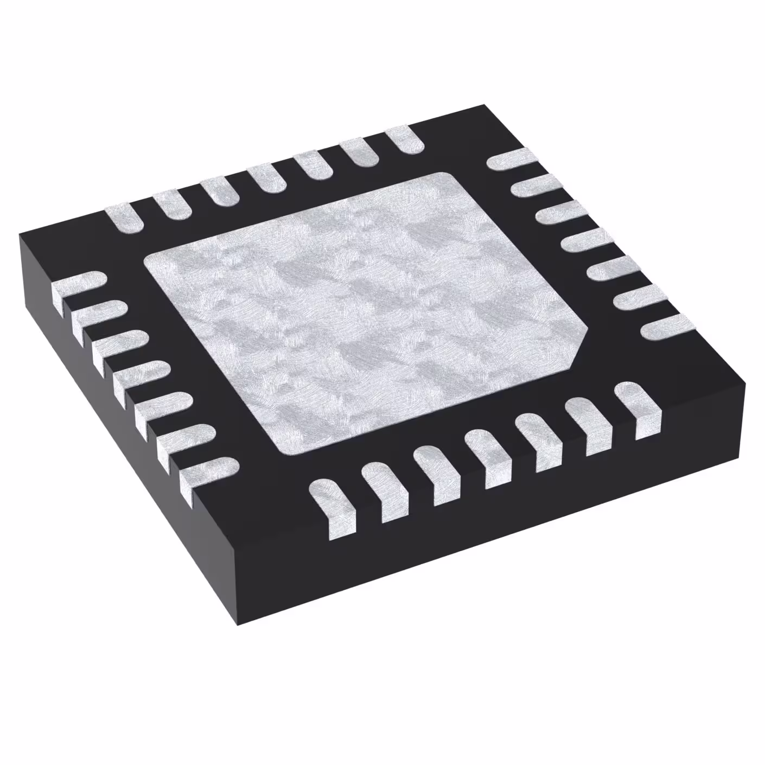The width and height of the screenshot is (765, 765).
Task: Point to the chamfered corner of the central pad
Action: pos(581,342)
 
